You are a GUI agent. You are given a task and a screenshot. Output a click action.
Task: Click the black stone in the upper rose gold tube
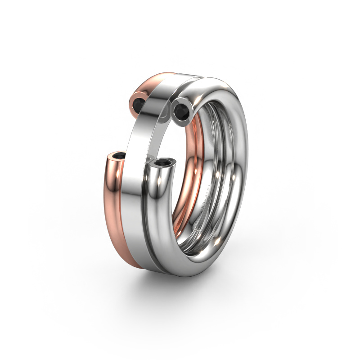pyautogui.click(x=139, y=103)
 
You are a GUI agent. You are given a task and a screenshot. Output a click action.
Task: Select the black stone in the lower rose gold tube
pyautogui.click(x=120, y=156)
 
